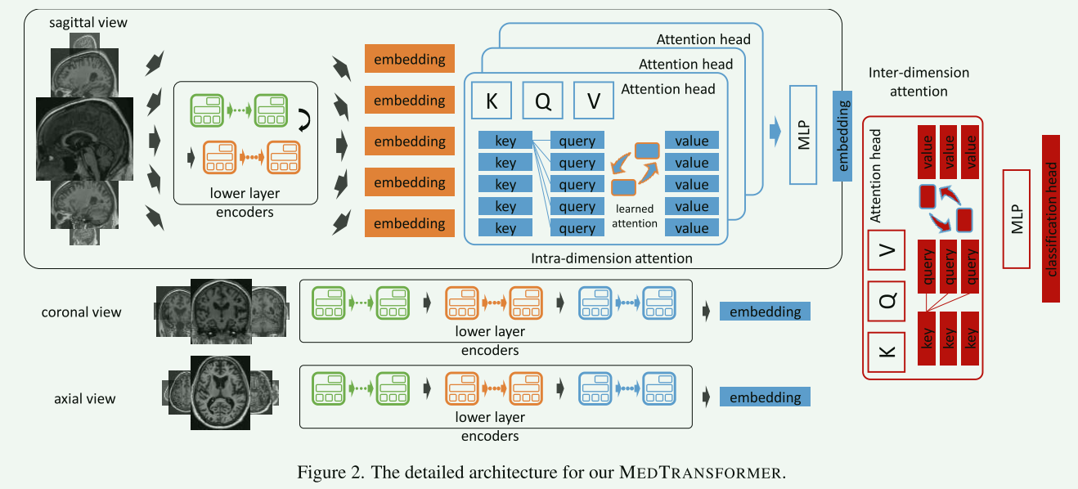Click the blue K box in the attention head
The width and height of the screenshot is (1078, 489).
(492, 101)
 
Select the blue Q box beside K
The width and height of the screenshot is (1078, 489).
(542, 101)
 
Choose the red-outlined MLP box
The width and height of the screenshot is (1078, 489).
(1016, 218)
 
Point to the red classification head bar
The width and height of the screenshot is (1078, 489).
(1052, 218)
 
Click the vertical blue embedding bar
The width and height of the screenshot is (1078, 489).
(843, 134)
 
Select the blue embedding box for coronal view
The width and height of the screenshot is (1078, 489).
(765, 312)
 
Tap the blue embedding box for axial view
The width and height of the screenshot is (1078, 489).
(765, 397)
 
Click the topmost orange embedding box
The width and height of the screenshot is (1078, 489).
(409, 60)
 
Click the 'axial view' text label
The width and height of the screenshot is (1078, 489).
(85, 399)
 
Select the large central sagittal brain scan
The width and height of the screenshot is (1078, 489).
(84, 137)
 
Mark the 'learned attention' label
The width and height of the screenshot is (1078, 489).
(634, 216)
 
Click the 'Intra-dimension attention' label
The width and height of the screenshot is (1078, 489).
(612, 258)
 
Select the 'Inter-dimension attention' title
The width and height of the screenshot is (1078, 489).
(919, 82)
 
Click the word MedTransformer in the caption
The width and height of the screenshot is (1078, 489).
(702, 473)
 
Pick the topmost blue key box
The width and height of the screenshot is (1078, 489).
(505, 141)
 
